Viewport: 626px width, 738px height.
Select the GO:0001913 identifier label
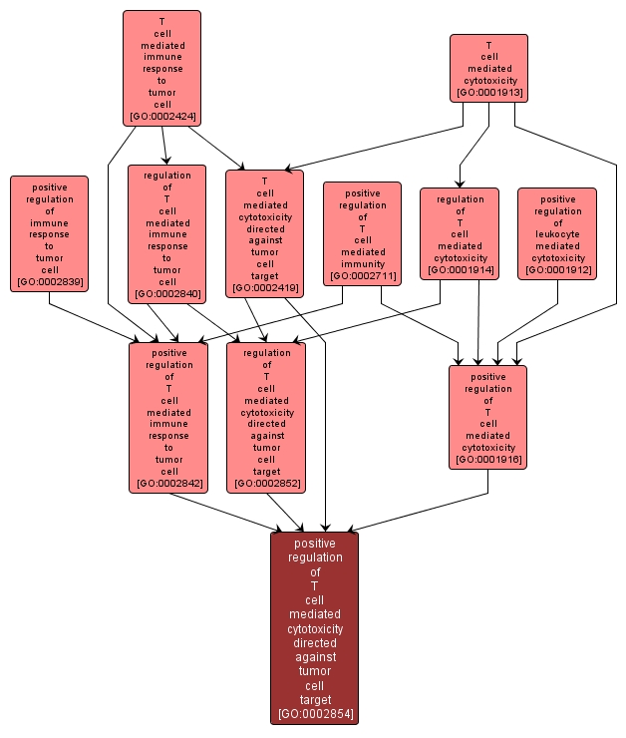point(488,93)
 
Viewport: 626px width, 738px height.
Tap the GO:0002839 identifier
point(49,282)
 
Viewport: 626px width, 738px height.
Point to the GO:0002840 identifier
point(166,294)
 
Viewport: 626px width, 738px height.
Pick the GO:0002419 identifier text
point(264,288)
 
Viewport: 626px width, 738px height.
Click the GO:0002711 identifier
point(362,276)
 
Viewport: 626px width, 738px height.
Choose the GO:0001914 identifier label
point(460,270)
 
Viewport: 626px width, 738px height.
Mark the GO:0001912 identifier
point(557,270)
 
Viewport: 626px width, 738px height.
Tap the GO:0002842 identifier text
point(168,484)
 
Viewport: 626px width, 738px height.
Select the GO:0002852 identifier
point(266,484)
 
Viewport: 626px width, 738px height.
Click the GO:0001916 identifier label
point(487,460)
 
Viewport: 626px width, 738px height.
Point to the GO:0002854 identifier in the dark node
point(315,714)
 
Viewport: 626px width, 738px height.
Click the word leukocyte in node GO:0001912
point(557,234)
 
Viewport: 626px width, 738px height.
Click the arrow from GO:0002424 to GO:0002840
point(164,145)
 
